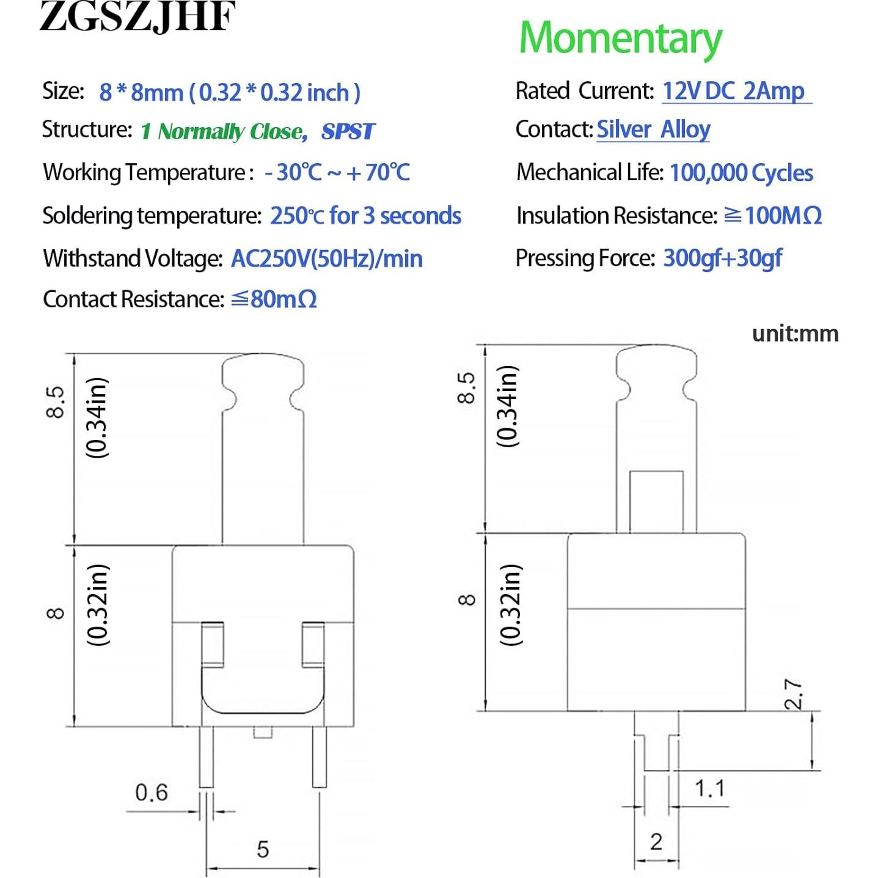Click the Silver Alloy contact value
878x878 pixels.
coord(653,130)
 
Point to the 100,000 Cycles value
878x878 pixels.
coord(741,173)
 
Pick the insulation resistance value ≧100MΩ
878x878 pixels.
coord(772,216)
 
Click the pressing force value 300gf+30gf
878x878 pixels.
coord(722,258)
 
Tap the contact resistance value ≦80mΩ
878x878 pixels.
coord(274,299)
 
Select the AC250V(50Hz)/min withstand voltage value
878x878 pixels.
coord(326,259)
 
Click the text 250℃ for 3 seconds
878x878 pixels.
coord(365,216)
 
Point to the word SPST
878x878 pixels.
coord(348,131)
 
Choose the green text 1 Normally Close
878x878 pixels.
coord(224,131)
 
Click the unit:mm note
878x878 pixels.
coord(795,334)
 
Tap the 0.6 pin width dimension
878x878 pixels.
coord(151,792)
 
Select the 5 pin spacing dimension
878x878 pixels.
coord(263,849)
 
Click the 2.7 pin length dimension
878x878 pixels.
coord(794,694)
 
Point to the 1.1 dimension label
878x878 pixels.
coord(709,788)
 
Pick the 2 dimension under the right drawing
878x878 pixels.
coord(656,842)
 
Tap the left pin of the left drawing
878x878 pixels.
coord(207,756)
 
